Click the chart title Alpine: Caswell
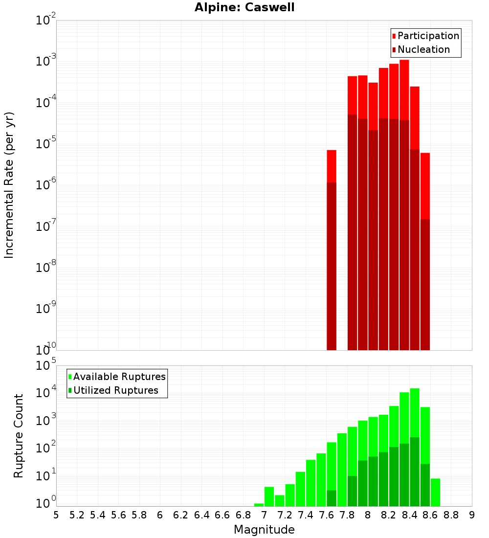[x=244, y=8]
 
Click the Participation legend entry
[x=428, y=36]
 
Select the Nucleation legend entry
[x=423, y=50]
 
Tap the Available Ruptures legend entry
[x=119, y=377]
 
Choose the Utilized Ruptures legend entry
[x=115, y=391]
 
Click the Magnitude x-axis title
[x=264, y=530]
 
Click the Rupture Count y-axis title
[x=19, y=436]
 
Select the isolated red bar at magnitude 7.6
[x=332, y=166]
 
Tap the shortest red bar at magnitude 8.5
[x=425, y=186]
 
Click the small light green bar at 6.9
[x=259, y=505]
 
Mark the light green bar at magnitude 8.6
[x=435, y=492]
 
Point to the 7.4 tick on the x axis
[x=306, y=515]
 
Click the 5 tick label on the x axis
[x=56, y=515]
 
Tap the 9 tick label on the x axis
[x=472, y=515]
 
